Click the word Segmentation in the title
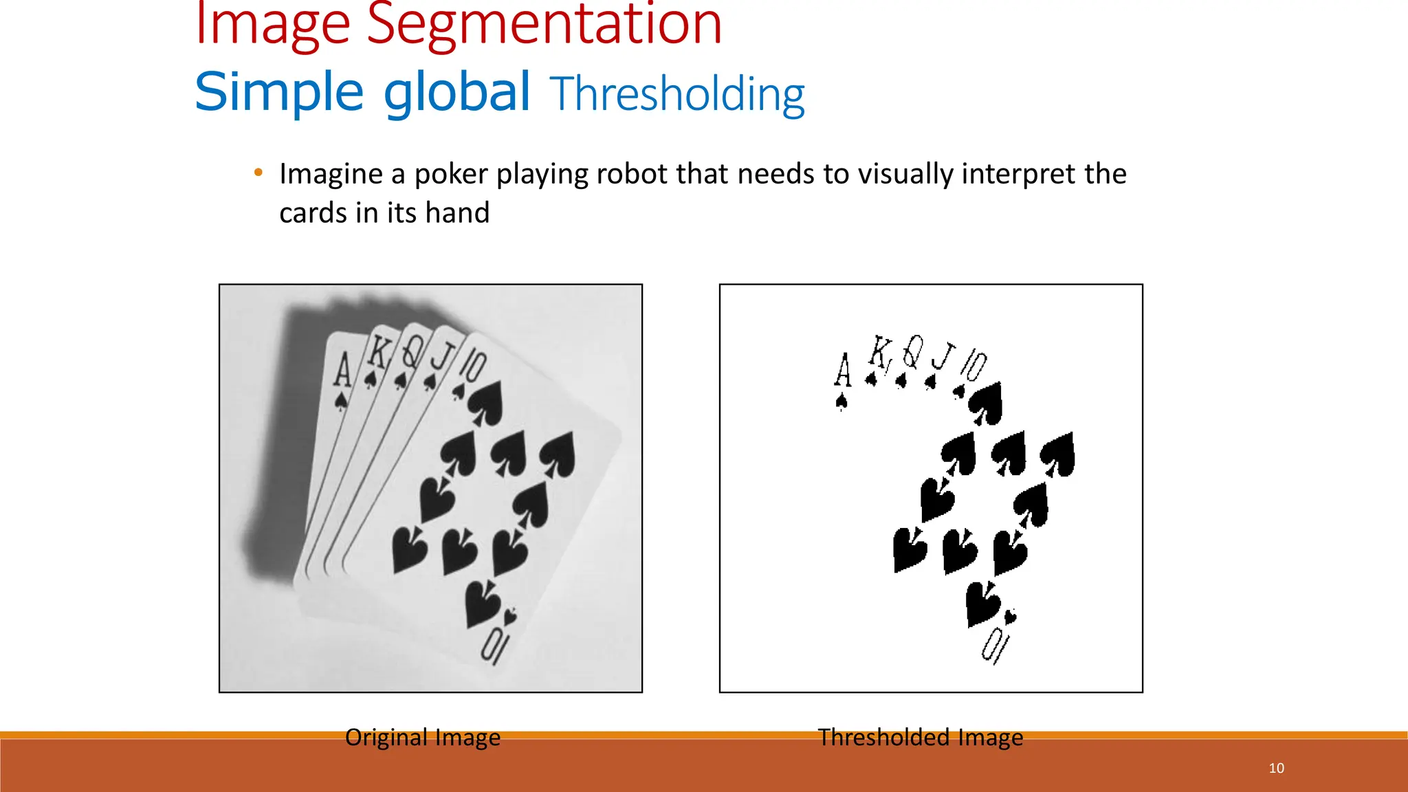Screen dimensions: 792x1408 coord(544,25)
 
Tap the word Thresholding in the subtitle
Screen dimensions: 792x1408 coord(677,93)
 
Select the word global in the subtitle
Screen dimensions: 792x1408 coord(456,92)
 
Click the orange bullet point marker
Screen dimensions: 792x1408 coord(258,173)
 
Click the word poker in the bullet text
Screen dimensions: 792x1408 coord(450,175)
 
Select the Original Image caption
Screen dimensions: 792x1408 coord(422,737)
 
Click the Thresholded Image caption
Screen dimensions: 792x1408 coord(920,737)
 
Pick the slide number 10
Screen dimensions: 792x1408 coord(1276,768)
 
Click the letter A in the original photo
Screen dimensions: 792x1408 coord(342,369)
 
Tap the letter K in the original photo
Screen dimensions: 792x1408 coord(377,353)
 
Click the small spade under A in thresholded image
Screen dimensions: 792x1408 coord(841,401)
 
